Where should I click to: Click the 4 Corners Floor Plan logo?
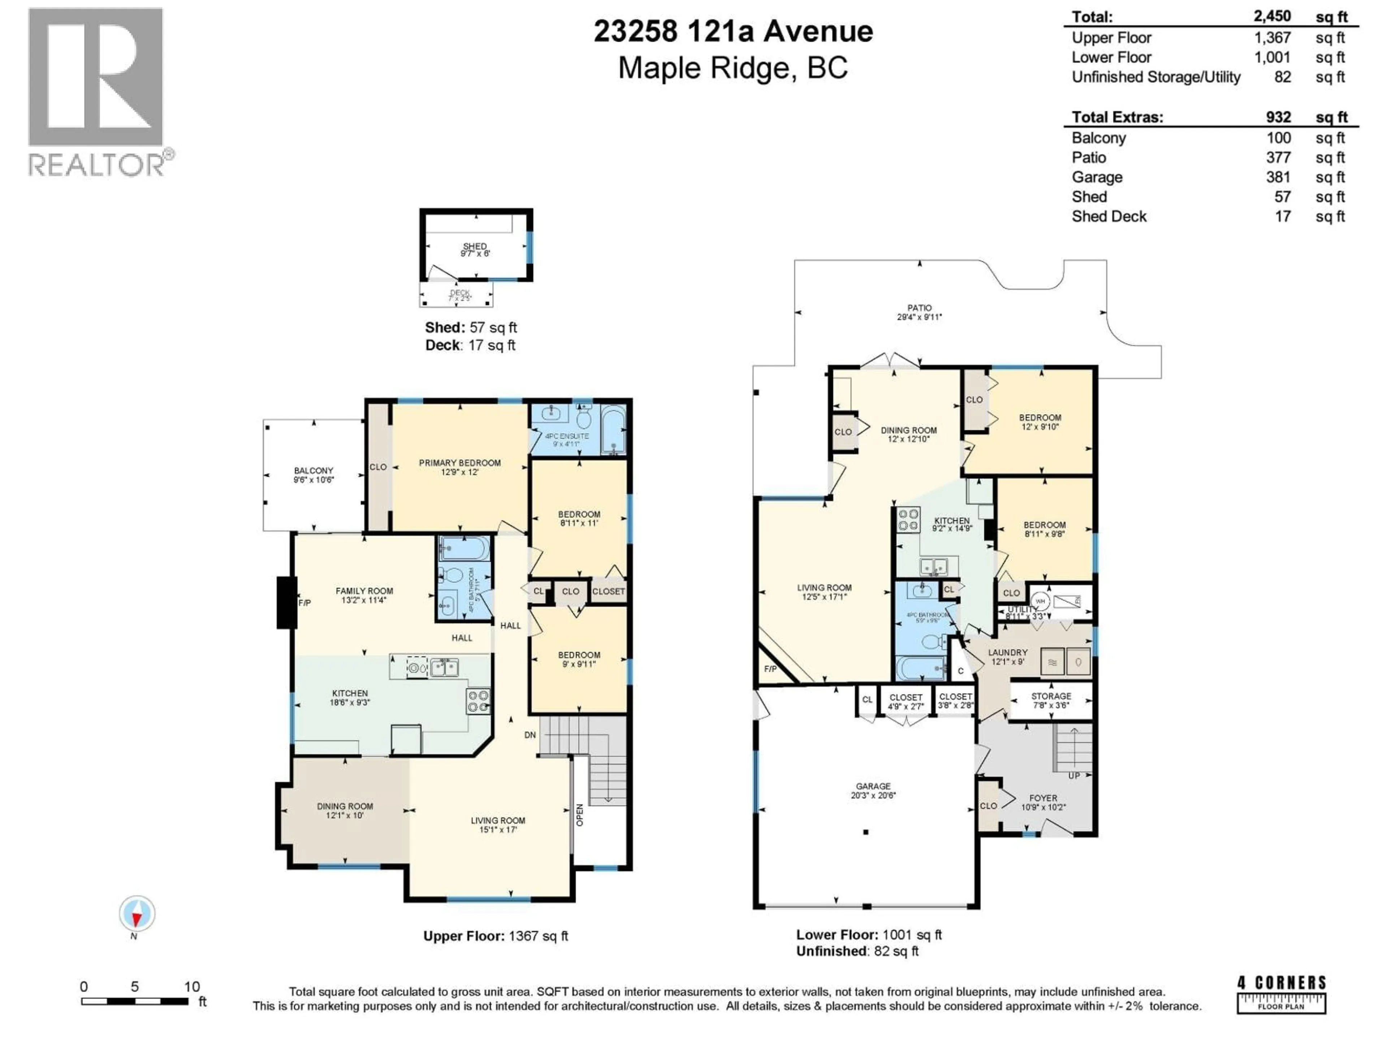(x=1281, y=994)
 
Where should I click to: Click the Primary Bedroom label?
(x=459, y=467)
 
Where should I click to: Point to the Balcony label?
(x=314, y=474)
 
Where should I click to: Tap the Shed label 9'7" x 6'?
(x=475, y=250)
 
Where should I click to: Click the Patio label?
(x=919, y=312)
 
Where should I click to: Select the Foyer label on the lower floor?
(x=1043, y=802)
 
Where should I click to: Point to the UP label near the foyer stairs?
(x=1073, y=775)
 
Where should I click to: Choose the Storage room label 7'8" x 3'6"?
(x=1051, y=699)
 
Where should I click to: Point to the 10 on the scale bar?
(x=192, y=986)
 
